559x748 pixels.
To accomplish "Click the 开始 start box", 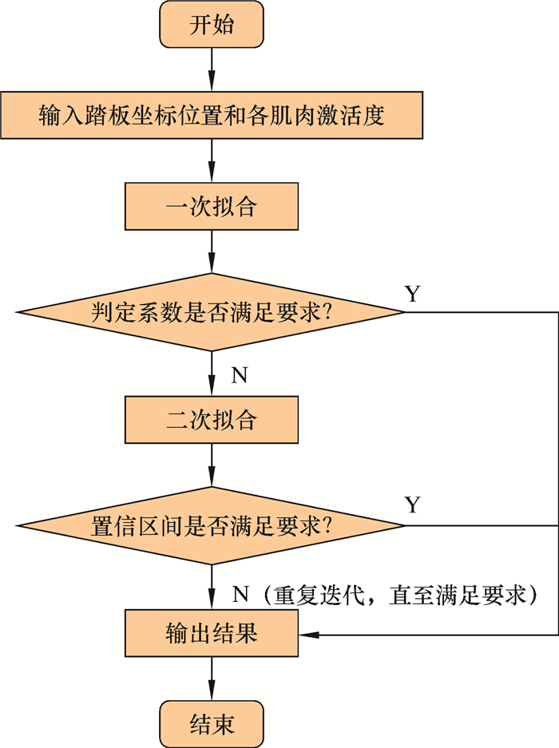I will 212,25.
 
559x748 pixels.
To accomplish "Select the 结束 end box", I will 212,723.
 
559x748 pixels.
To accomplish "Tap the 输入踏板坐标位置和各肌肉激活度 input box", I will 211,117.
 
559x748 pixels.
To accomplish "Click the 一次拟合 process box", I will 211,208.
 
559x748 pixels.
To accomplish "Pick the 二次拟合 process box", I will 211,421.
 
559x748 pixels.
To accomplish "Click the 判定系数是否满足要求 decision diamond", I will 211,312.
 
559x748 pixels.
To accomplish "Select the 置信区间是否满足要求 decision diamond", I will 211,526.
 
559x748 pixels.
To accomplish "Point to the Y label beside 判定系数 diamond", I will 412,294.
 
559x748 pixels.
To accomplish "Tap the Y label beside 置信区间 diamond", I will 412,505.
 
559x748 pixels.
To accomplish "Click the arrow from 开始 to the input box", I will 212,69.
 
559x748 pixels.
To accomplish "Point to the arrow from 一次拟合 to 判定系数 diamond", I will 212,253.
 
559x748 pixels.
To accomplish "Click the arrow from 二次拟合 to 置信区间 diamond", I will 212,466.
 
